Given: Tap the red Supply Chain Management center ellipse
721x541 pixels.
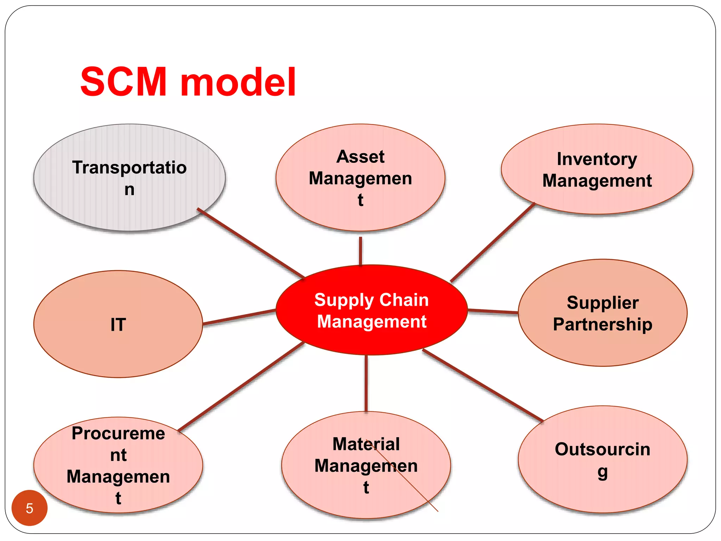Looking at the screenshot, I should (371, 338).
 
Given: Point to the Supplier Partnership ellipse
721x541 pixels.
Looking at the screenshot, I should (602, 349).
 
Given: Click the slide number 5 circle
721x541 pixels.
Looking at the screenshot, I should (30, 508).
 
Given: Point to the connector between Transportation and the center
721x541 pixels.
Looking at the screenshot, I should (251, 243).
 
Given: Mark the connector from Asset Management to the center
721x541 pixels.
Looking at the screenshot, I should (360, 251).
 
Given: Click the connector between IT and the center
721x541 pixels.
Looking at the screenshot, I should (239, 317).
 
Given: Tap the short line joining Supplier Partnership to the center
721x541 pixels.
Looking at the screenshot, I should (493, 311).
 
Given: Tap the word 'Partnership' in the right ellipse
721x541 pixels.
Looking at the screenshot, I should (602, 324).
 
